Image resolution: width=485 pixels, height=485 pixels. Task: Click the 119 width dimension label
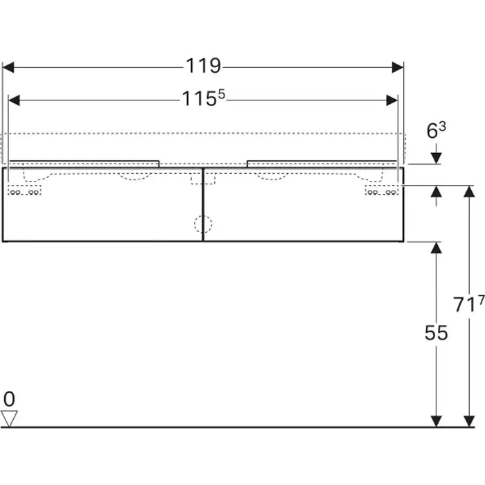(203, 66)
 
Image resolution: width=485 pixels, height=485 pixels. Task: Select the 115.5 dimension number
(203, 98)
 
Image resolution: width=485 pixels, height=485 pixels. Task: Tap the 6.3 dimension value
(436, 130)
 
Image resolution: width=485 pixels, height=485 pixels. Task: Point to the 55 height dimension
(436, 333)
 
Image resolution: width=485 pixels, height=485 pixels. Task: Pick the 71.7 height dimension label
(468, 303)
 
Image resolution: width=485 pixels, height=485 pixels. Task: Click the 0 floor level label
(9, 399)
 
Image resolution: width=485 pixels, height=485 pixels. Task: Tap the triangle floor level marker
(9, 418)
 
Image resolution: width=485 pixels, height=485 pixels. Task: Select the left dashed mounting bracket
(24, 191)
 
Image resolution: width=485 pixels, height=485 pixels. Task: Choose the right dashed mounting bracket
(382, 191)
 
